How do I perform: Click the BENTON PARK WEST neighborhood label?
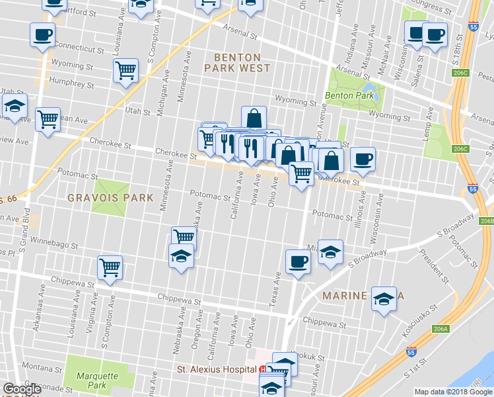[x=236, y=63]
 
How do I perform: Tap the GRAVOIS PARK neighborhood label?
[x=110, y=198]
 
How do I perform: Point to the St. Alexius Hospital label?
[x=215, y=369]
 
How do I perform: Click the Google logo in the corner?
[x=22, y=389]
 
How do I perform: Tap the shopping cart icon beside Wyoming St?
[x=125, y=70]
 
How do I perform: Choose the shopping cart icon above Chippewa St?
[x=110, y=267]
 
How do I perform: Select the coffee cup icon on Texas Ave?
[x=297, y=261]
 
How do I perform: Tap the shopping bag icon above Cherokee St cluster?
[x=254, y=118]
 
